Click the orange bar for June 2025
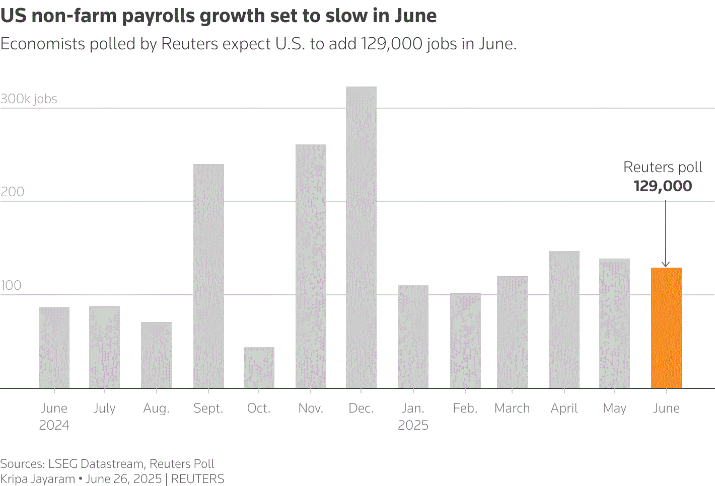[666, 328]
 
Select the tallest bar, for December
[361, 237]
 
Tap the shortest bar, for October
[259, 367]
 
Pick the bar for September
[208, 276]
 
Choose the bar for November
[311, 266]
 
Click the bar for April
[564, 319]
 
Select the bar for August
[156, 355]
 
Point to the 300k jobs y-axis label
[29, 99]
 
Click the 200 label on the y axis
[12, 192]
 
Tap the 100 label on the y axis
[11, 285]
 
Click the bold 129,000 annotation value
[663, 186]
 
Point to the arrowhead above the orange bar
[666, 264]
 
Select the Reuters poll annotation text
[663, 167]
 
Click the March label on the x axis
[512, 408]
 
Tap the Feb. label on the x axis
[465, 408]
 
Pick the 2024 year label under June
[54, 425]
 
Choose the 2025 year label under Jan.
[413, 425]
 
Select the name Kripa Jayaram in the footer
[37, 478]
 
